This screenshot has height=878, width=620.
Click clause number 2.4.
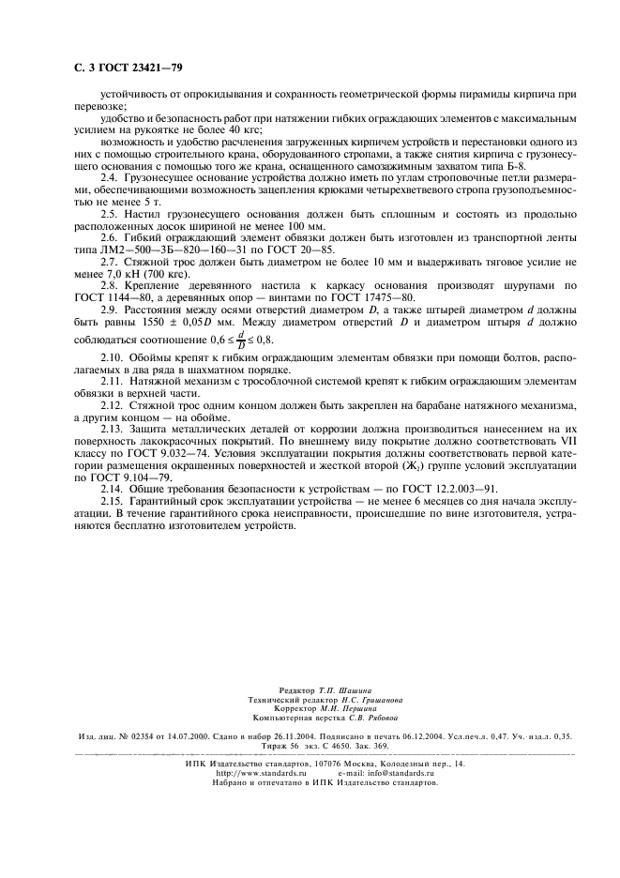pos(110,175)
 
